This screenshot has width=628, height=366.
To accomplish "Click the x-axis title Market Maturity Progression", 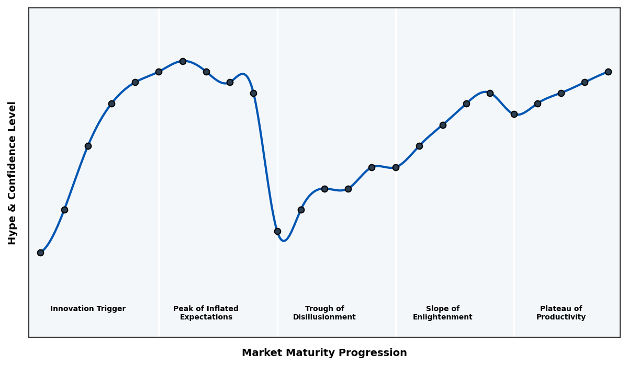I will tap(324, 353).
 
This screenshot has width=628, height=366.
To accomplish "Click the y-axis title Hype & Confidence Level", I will tap(13, 173).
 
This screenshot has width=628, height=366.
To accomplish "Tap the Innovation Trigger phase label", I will tap(88, 309).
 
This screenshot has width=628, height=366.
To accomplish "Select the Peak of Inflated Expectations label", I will tap(206, 313).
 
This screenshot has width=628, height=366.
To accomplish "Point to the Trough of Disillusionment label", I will tap(324, 313).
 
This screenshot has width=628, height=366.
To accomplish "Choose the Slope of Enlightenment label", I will tap(442, 313).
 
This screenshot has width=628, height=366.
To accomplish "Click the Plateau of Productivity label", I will tap(560, 313).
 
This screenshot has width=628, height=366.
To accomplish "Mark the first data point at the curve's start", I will tap(40, 253).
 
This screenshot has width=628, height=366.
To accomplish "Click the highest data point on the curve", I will tap(183, 61).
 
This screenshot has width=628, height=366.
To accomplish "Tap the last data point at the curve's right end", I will tap(608, 72).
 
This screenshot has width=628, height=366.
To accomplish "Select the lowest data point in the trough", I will tap(277, 231).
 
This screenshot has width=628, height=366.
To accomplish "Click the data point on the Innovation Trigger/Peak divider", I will tap(159, 72).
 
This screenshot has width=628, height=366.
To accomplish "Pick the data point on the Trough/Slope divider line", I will tap(396, 167).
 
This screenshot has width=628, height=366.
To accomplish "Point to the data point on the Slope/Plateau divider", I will tap(514, 114).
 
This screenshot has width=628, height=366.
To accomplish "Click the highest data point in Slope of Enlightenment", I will tap(490, 93).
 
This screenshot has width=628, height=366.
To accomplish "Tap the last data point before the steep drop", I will tap(253, 93).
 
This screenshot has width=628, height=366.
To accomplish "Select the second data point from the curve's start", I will tap(64, 210).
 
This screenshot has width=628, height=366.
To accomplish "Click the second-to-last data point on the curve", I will tap(585, 82).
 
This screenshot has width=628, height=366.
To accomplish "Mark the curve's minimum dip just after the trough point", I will tap(284, 241).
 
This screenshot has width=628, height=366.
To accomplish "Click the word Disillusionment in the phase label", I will tap(324, 317).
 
